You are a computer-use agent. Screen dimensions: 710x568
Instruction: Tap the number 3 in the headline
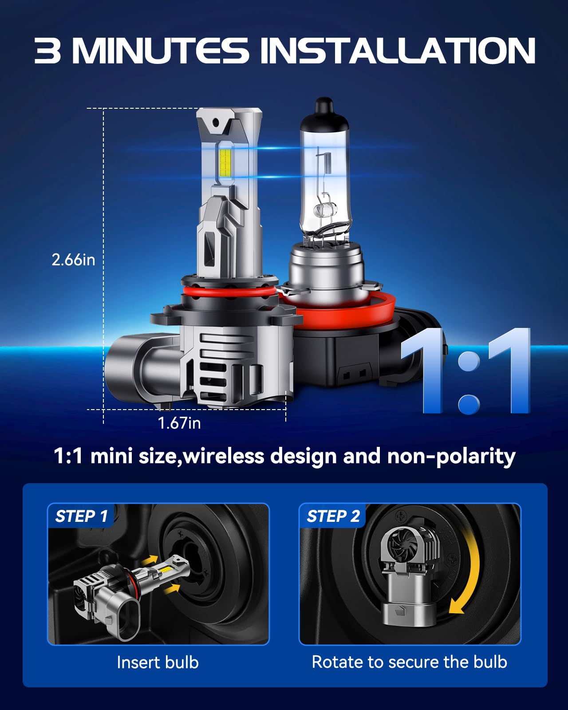tap(47, 50)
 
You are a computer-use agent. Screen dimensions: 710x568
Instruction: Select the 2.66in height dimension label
tap(73, 260)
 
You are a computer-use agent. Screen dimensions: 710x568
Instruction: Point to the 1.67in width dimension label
tap(179, 423)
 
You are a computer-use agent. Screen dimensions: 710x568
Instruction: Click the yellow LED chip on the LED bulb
tap(225, 162)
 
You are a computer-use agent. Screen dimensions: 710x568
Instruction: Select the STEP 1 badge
tap(81, 516)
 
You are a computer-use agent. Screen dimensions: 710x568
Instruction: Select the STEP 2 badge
tap(333, 516)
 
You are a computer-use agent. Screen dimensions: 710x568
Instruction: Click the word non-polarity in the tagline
tap(451, 456)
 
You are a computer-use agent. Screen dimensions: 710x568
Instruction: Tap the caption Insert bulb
tap(158, 662)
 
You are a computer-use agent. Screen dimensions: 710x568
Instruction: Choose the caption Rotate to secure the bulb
tap(409, 662)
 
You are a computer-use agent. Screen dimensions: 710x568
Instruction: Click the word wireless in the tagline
tap(224, 456)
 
